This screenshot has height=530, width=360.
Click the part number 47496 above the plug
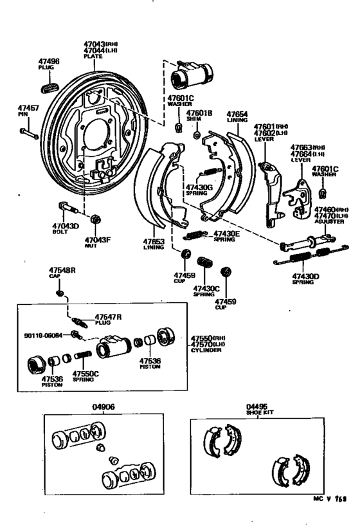pyautogui.click(x=49, y=61)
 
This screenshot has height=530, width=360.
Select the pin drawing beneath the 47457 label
pyautogui.click(x=28, y=134)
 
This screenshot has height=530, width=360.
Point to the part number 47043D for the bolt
pyautogui.click(x=65, y=226)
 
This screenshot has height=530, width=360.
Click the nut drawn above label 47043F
pyautogui.click(x=95, y=219)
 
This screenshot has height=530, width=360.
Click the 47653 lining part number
pyautogui.click(x=154, y=243)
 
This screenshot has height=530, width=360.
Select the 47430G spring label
pyautogui.click(x=197, y=187)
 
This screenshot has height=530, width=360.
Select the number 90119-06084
pyautogui.click(x=44, y=335)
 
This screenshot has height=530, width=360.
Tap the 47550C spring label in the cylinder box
pyautogui.click(x=85, y=373)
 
